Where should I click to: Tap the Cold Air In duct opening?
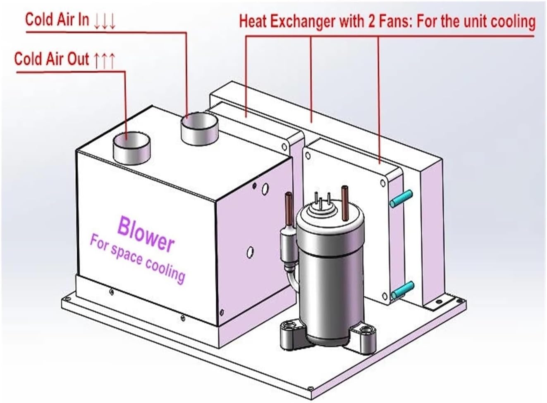pos(199,129)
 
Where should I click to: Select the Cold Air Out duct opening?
pos(131,148)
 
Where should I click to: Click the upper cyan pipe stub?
pos(401,199)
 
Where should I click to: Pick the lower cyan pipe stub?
pos(402,290)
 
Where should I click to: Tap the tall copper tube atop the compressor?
pos(345,203)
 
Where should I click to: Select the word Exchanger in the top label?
pos(302,21)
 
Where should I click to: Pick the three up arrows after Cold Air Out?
pos(104,61)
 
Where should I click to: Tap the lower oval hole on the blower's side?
pos(250,252)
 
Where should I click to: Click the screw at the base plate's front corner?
pos(311,389)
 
